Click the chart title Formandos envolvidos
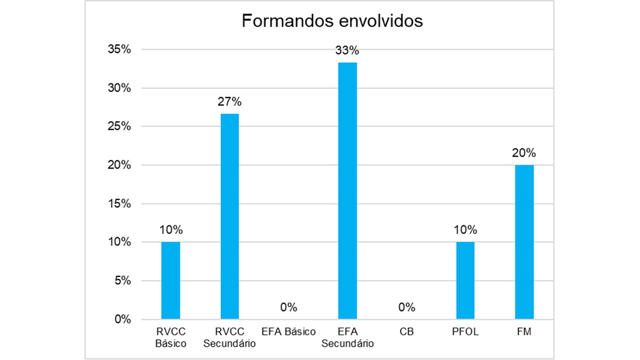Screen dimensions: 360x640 pos(332,21)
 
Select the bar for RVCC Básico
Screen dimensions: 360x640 pos(170,280)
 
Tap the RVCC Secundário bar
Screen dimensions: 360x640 pos(229,216)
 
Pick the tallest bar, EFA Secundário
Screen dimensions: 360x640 pos(347,190)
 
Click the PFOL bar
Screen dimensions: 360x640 pos(465,280)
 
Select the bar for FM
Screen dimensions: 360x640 pos(524,241)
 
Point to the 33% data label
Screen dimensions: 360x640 pos(347,50)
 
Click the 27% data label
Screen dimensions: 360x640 pos(229,102)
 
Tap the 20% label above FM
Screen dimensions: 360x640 pos(524,153)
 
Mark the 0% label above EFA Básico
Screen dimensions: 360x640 pos(288,307)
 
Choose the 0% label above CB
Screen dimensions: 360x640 pos(406,307)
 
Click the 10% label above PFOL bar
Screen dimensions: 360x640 pos(465,230)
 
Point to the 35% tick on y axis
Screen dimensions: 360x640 pos(119,49)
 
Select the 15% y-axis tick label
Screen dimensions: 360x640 pos(119,203)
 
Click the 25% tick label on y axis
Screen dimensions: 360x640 pos(119,126)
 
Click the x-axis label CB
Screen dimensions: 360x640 pos(406,332)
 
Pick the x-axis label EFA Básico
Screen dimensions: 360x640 pos(288,332)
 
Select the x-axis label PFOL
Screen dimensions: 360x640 pos(465,332)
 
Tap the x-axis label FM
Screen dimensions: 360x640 pos(524,332)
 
